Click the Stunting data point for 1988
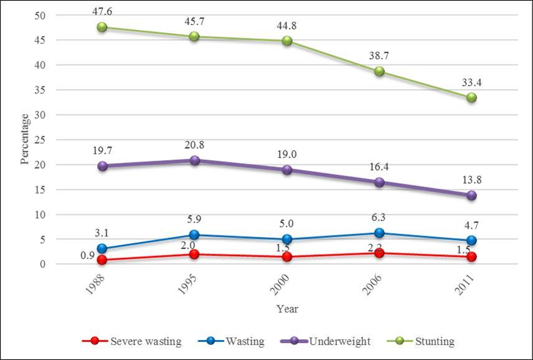tap(102, 27)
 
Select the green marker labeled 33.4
tap(471, 98)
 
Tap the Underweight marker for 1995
tap(194, 161)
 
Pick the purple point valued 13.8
tap(471, 196)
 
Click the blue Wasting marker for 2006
tap(379, 233)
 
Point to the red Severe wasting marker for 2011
tap(471, 257)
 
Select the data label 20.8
tap(194, 145)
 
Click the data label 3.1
tap(102, 234)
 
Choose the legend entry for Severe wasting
tap(132, 341)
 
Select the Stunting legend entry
tap(420, 341)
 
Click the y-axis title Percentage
tap(25, 138)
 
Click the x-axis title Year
tap(287, 308)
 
